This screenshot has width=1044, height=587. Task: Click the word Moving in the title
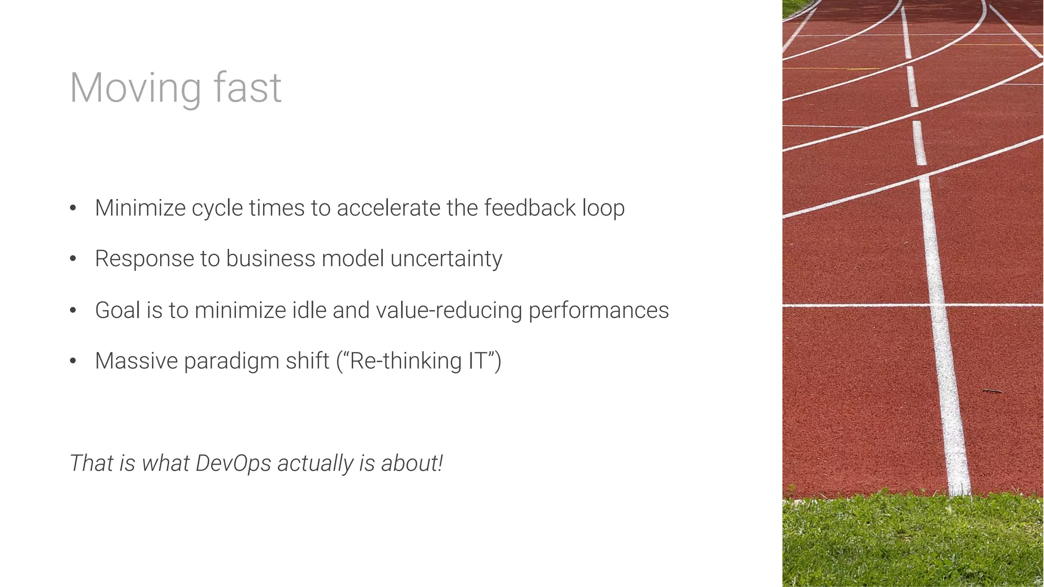(135, 88)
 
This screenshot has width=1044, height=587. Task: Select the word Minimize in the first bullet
(140, 208)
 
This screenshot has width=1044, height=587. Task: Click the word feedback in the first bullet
(530, 208)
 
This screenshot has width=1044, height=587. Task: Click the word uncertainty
(446, 259)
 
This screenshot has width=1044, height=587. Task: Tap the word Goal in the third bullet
(117, 310)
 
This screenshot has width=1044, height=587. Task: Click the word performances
(598, 311)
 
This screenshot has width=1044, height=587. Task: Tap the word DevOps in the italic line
(233, 464)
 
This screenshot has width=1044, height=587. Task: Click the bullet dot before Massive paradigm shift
(73, 361)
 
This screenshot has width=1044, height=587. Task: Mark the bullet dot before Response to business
(73, 259)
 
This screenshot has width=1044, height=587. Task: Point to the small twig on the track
(992, 391)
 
